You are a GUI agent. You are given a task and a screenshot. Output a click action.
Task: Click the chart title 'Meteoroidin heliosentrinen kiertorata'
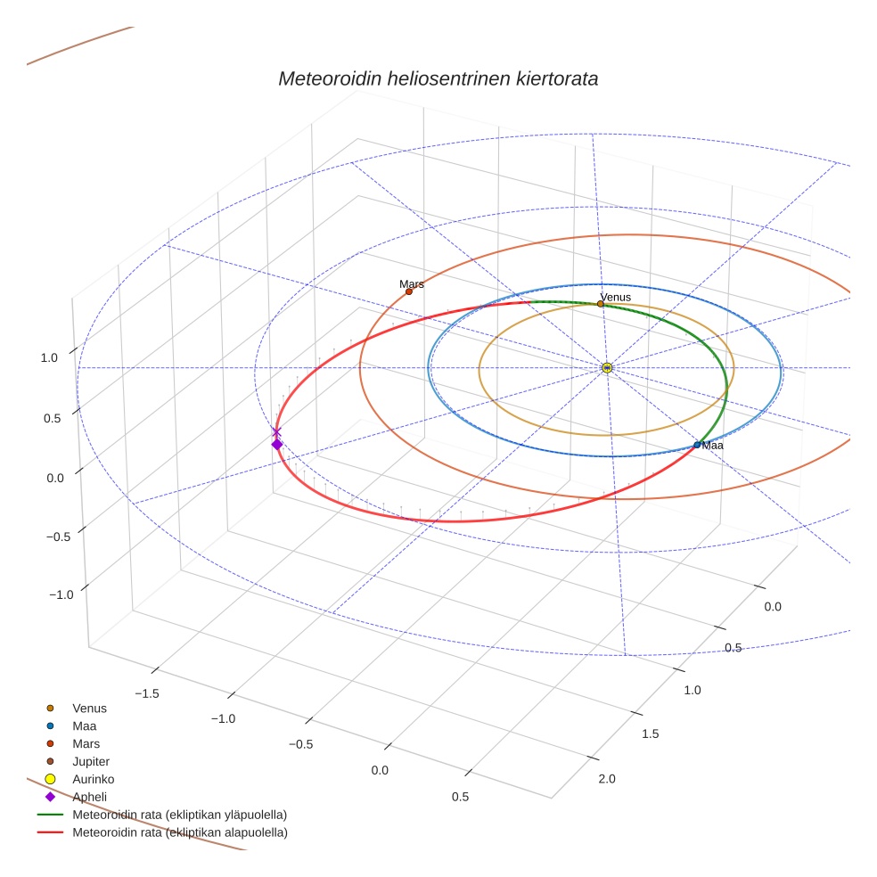coord(438,78)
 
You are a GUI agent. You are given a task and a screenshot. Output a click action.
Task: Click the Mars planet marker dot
coord(409,291)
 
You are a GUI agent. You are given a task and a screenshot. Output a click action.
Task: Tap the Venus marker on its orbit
coord(600,304)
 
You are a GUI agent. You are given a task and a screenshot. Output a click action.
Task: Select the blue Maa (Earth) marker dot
coord(697,445)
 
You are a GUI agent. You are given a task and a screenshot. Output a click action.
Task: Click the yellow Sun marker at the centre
coord(607,368)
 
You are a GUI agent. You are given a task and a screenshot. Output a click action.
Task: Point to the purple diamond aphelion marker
coord(277,444)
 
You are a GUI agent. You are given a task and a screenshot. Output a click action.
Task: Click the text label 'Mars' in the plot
coord(411,283)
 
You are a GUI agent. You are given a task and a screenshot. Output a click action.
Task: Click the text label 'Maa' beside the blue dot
coord(712,445)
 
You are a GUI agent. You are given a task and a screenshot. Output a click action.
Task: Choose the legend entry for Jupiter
coord(90,761)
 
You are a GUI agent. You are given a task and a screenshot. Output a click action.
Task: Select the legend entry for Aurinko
coord(93,779)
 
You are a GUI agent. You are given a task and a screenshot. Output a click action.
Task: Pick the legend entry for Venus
coord(89,708)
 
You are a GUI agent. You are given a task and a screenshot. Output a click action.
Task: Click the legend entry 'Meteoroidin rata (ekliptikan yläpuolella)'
coord(179,815)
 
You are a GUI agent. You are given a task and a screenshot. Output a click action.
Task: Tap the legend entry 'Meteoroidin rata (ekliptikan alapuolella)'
coord(179,832)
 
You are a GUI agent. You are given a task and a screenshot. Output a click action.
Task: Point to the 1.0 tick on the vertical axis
coord(49,357)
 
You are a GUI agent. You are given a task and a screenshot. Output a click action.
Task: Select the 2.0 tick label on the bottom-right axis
coord(607,779)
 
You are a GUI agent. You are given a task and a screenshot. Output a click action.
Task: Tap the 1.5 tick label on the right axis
coord(650,734)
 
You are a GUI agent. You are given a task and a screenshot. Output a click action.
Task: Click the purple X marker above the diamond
coord(276,431)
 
